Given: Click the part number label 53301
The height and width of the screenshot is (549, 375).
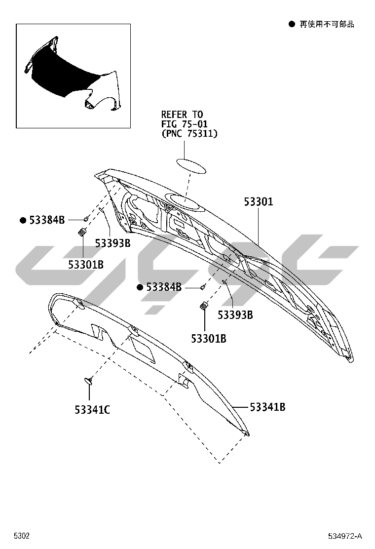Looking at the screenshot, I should (x=259, y=202).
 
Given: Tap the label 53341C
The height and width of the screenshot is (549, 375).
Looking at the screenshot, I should (x=92, y=409).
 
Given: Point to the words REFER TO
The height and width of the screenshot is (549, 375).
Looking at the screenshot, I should (x=182, y=115).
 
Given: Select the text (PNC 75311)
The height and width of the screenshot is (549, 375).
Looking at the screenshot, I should (x=189, y=133).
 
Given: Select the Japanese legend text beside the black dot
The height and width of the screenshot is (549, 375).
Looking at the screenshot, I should (x=327, y=24).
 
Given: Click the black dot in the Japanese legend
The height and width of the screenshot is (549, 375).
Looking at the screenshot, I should (x=292, y=24).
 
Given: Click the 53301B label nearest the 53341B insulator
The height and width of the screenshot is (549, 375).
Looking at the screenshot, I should (x=209, y=339).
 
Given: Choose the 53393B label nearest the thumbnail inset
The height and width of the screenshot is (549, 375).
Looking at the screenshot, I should (x=112, y=243).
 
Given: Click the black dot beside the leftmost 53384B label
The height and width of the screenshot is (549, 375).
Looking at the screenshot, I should (x=23, y=220).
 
